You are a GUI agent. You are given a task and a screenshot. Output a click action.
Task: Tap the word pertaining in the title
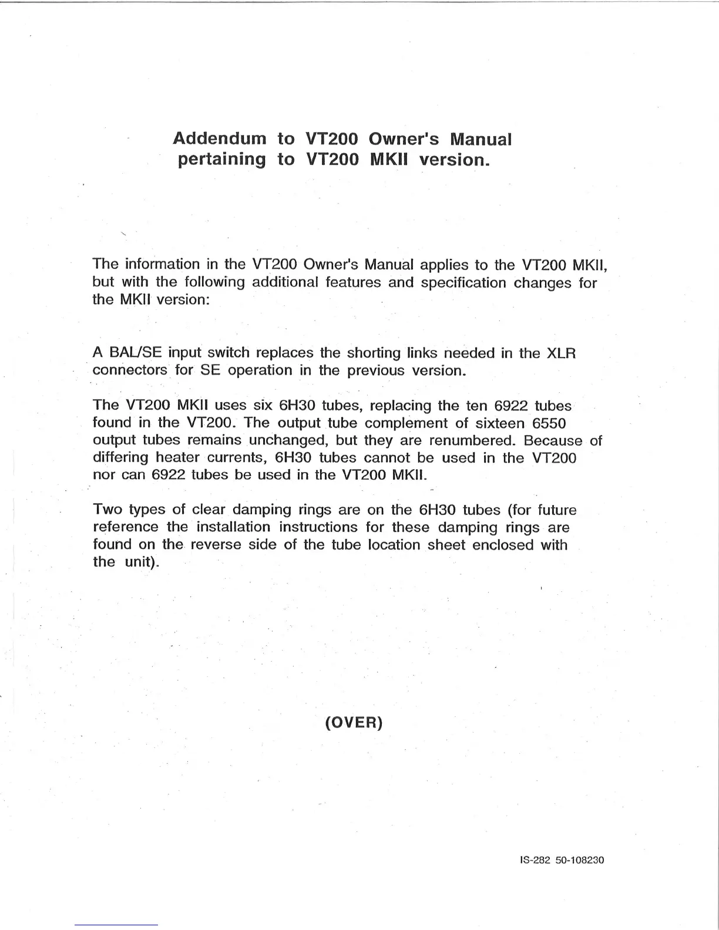(221, 160)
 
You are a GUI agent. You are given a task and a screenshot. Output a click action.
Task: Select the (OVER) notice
(354, 722)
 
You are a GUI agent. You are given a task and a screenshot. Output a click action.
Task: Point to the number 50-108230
(580, 860)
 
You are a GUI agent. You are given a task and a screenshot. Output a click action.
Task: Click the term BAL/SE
(136, 353)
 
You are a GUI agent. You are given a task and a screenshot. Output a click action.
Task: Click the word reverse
(216, 545)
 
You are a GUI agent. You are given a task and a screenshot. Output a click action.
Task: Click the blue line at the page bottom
(116, 925)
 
